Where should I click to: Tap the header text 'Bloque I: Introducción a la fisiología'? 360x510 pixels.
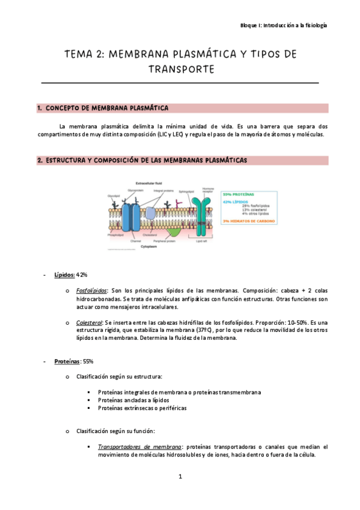[284, 26]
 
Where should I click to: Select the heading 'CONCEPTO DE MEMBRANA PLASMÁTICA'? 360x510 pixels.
[107, 108]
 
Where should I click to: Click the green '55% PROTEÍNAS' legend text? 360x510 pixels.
[238, 194]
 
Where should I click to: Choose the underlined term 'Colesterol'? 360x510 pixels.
[89, 323]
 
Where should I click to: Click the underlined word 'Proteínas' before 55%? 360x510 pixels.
[67, 361]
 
